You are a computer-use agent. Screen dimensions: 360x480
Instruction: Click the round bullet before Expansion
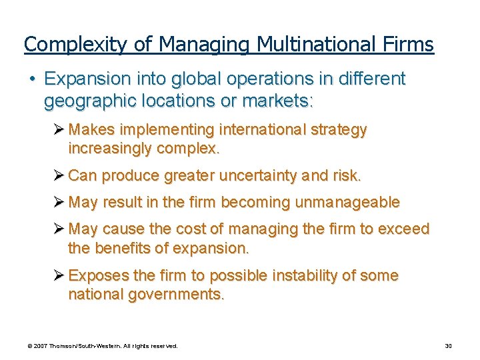(32, 79)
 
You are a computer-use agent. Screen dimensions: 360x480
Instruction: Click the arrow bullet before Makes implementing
(59, 129)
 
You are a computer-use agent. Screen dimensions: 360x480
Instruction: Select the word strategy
(338, 129)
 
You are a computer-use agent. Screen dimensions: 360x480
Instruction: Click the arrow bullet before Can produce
(59, 176)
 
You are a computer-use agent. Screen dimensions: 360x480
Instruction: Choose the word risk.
(346, 176)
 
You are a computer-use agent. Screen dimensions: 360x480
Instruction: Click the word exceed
(404, 229)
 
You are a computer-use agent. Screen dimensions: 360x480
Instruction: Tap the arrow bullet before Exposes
(59, 276)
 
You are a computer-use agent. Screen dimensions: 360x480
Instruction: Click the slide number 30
(449, 346)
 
